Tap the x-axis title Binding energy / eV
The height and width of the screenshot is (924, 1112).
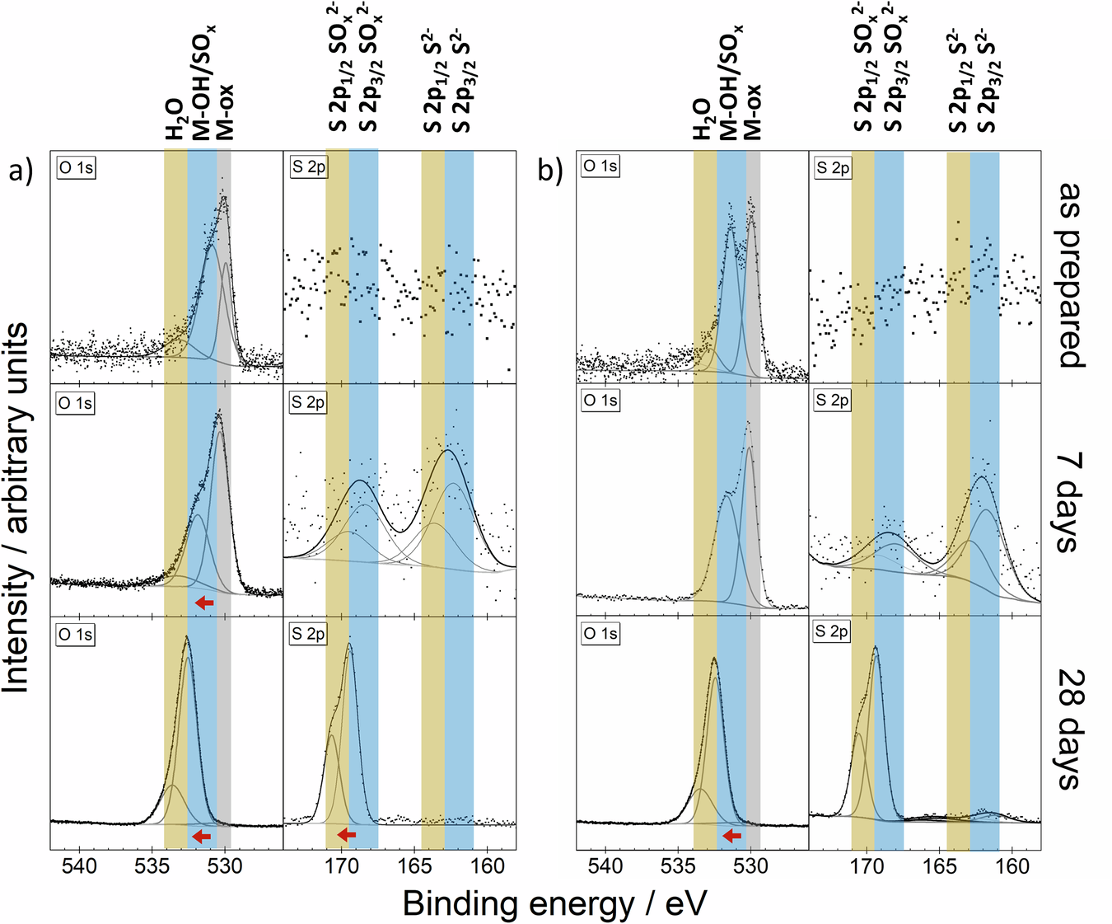point(554,903)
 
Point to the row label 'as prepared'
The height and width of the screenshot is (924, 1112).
point(1071,274)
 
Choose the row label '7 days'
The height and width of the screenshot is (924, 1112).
point(1071,501)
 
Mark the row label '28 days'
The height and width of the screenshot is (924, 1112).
point(1071,729)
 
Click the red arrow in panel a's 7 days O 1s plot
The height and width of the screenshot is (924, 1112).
point(204,603)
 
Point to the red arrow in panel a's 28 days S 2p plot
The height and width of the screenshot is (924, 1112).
point(347,835)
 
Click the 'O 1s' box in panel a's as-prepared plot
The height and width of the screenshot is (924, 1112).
point(76,167)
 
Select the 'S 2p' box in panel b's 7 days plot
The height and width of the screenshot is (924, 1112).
point(832,401)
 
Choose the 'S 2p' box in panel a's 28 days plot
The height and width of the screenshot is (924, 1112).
point(308,634)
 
